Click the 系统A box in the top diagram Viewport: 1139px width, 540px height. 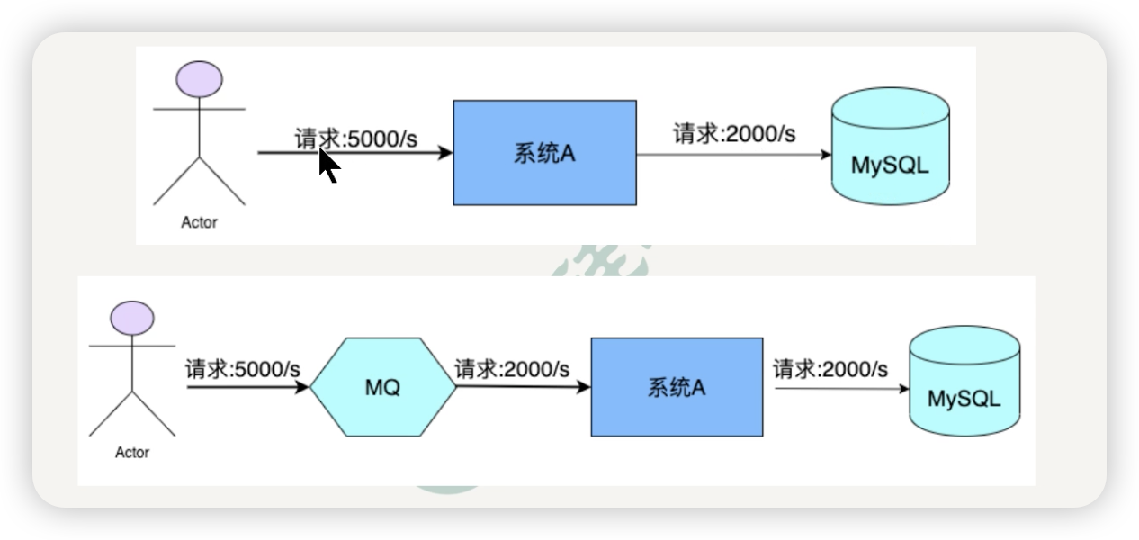544,153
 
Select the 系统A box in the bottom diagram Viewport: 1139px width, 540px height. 677,387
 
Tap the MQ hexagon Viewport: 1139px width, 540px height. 382,388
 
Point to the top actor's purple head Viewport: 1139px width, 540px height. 200,79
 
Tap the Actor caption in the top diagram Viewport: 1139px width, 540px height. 199,222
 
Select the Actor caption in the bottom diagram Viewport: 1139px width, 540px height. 131,453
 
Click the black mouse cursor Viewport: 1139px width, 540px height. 328,166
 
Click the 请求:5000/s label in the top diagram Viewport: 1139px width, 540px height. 356,139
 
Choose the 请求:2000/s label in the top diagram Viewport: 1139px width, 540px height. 734,135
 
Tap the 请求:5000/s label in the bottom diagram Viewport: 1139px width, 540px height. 243,369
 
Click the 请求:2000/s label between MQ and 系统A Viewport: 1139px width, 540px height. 511,369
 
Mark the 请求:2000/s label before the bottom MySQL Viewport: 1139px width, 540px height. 830,369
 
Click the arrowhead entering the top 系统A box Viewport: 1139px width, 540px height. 446,153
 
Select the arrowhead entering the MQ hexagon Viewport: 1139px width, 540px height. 303,388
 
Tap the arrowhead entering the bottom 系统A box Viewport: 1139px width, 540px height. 584,388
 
